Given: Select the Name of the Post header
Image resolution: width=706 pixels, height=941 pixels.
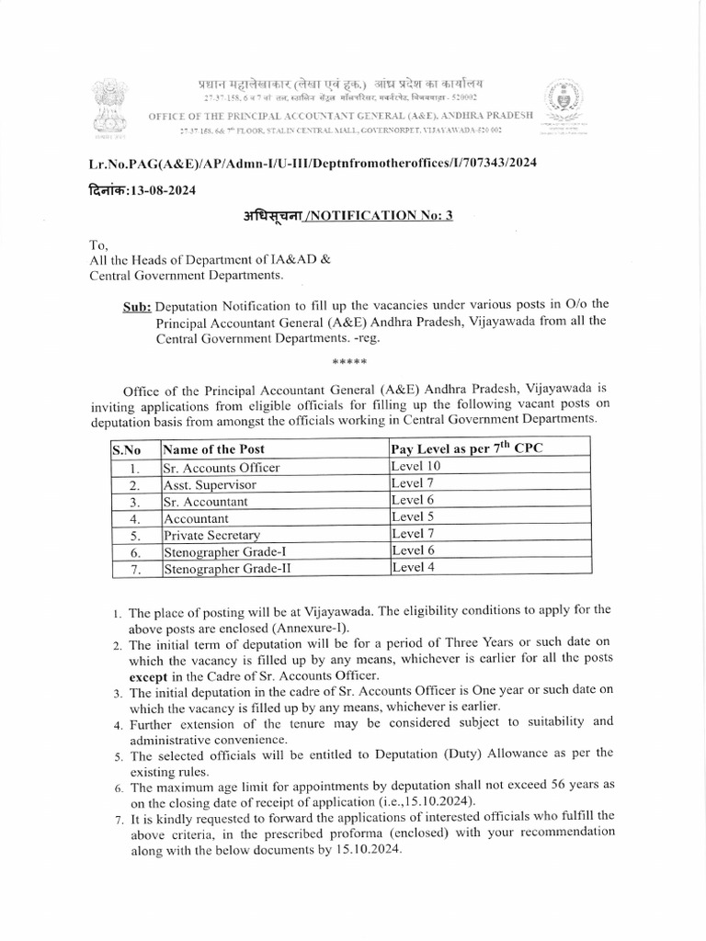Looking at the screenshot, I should (213, 449).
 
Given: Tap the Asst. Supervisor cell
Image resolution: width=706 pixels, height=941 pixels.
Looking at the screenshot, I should (210, 484).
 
